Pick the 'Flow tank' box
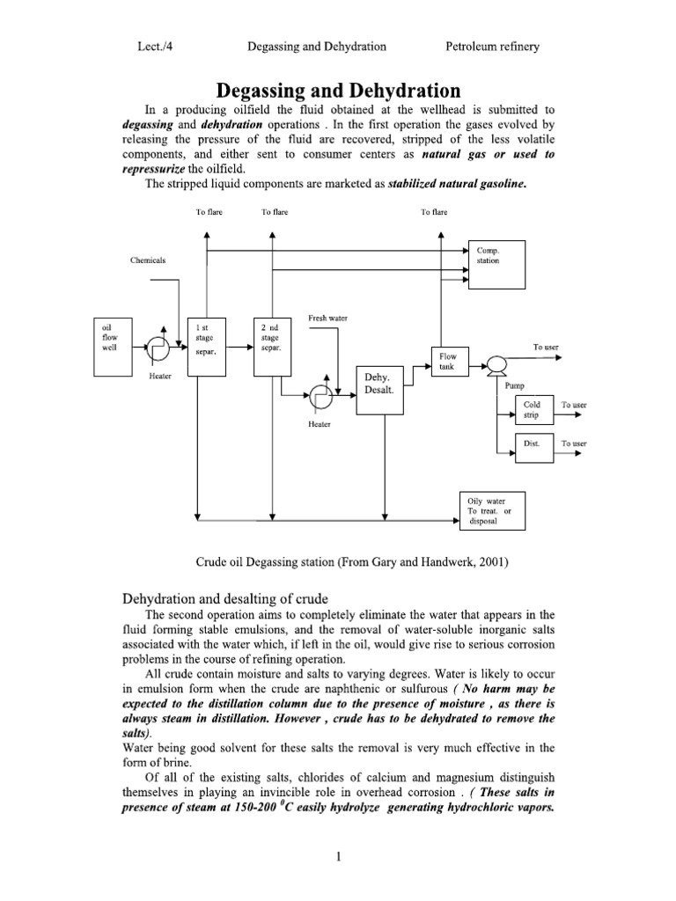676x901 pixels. point(449,362)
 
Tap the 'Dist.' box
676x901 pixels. point(533,444)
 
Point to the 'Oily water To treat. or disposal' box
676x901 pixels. point(494,510)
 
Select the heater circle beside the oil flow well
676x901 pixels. point(159,349)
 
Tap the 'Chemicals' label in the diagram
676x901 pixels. point(148,261)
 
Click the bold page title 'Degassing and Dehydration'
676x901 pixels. point(338,91)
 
